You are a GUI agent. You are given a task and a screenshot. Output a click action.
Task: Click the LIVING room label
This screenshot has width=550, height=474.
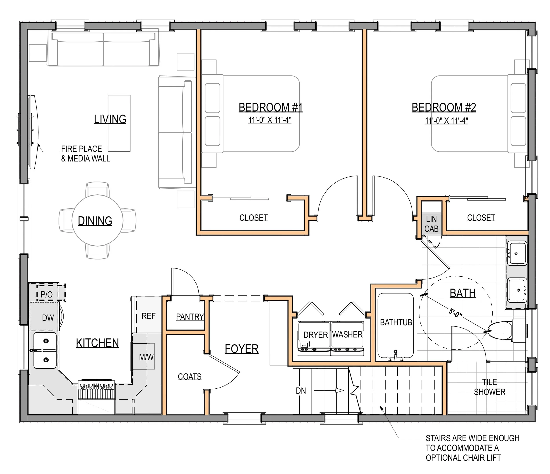(x=110, y=119)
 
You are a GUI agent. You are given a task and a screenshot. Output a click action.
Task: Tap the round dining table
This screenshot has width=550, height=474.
(x=97, y=220)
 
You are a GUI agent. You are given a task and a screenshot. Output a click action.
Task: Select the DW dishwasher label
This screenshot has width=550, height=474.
(x=48, y=318)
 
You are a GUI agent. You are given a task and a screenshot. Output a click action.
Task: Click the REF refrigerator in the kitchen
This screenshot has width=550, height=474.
(x=148, y=316)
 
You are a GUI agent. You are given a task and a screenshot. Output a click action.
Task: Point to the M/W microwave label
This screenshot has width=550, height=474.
(x=146, y=357)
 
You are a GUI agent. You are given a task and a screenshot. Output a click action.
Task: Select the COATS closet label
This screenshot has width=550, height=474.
(x=189, y=377)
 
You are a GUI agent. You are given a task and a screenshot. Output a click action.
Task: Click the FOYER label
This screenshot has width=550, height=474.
(x=242, y=349)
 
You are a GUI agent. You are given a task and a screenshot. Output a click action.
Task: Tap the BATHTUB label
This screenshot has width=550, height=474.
(x=396, y=322)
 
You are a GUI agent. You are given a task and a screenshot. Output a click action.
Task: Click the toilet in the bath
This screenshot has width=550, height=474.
(x=506, y=330)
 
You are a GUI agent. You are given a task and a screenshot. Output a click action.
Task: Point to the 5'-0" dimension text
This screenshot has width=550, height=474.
(x=455, y=313)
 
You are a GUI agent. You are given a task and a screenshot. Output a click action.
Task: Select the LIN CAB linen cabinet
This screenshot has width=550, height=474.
(x=431, y=224)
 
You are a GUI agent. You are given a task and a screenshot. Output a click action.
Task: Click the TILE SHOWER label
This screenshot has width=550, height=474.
(x=489, y=387)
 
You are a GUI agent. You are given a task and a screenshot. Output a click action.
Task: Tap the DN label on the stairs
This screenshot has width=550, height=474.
(x=301, y=391)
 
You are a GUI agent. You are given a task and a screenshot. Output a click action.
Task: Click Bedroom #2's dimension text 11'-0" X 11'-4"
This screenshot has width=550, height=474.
(x=446, y=121)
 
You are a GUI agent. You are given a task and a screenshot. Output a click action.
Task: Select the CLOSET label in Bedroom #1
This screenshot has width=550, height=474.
(x=253, y=218)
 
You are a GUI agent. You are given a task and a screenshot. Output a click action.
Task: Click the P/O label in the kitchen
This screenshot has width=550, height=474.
(x=47, y=294)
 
